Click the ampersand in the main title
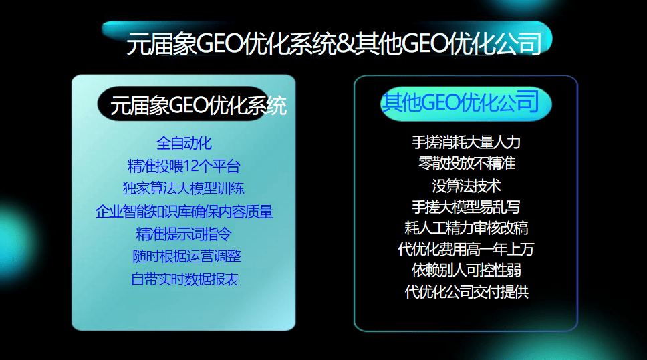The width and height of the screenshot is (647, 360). click(344, 43)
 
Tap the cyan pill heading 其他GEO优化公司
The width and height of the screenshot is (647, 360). click(466, 104)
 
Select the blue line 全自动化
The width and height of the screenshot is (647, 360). click(184, 143)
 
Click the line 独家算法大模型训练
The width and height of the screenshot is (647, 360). click(184, 188)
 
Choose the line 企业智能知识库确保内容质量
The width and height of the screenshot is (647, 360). click(184, 212)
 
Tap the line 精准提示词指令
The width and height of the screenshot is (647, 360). click(184, 234)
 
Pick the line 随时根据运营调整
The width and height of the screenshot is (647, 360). click(186, 256)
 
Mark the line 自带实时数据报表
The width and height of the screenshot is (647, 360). click(184, 279)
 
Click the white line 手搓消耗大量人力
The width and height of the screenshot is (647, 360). click(466, 142)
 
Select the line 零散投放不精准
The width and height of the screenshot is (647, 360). click(467, 163)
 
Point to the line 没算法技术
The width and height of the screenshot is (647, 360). click(467, 186)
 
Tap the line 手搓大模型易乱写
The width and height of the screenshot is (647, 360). click(466, 207)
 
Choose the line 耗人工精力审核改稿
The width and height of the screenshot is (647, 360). click(467, 228)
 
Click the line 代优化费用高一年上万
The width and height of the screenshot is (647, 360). click(467, 250)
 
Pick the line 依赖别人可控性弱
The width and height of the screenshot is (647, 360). click(467, 271)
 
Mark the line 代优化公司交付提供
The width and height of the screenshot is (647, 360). click(467, 292)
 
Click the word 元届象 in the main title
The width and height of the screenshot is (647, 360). click(161, 43)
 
